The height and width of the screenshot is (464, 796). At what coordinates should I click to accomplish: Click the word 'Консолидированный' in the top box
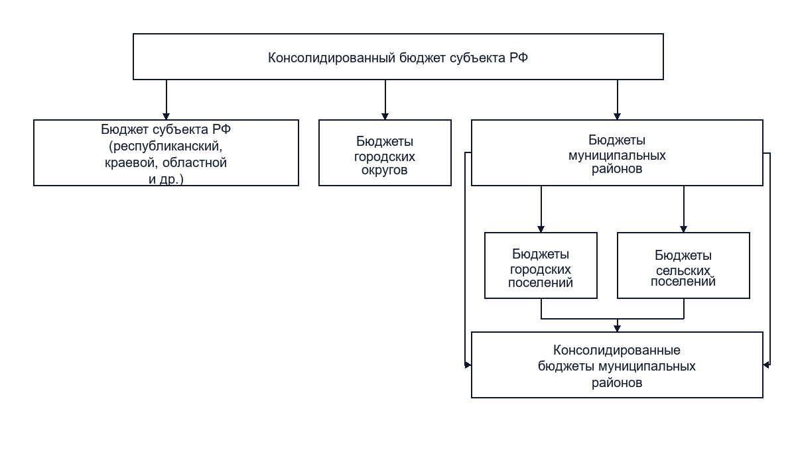(332, 58)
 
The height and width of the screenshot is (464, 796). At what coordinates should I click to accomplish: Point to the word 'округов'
(385, 170)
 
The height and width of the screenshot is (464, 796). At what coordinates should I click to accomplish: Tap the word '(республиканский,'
(166, 146)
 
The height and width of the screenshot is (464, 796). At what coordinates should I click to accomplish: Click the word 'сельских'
(683, 271)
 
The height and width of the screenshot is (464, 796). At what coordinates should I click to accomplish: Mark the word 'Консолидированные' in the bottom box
(616, 351)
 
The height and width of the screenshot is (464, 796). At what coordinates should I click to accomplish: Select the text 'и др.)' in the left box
(166, 179)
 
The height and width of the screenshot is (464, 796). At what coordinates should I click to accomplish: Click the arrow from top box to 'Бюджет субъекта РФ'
(166, 99)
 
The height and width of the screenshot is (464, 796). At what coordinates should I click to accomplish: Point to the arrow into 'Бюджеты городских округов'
(385, 99)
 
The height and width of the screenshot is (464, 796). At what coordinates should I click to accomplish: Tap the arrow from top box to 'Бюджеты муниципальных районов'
(618, 99)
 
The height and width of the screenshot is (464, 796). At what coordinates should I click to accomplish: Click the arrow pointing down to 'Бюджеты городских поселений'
(541, 209)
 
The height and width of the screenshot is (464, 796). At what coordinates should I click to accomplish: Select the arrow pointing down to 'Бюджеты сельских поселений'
(683, 209)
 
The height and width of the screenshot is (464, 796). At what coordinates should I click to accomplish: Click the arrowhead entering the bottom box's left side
(468, 365)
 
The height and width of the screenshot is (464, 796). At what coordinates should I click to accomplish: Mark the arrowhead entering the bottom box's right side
(767, 365)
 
